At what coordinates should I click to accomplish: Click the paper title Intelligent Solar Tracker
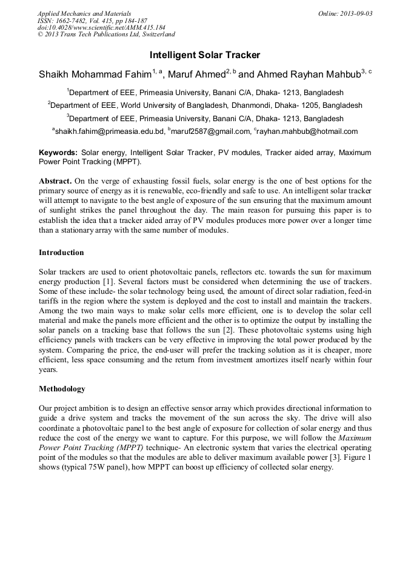[205, 55]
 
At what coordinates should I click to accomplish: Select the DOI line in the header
[101, 28]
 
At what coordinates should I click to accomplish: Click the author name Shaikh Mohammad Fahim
[95, 75]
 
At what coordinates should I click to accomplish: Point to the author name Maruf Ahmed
[196, 75]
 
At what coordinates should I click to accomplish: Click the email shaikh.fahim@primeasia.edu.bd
[110, 131]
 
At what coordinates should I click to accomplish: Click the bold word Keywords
[58, 153]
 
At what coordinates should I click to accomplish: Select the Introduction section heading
[61, 253]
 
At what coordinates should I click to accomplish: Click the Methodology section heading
[62, 389]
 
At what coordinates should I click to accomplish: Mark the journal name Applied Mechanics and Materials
[84, 13]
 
